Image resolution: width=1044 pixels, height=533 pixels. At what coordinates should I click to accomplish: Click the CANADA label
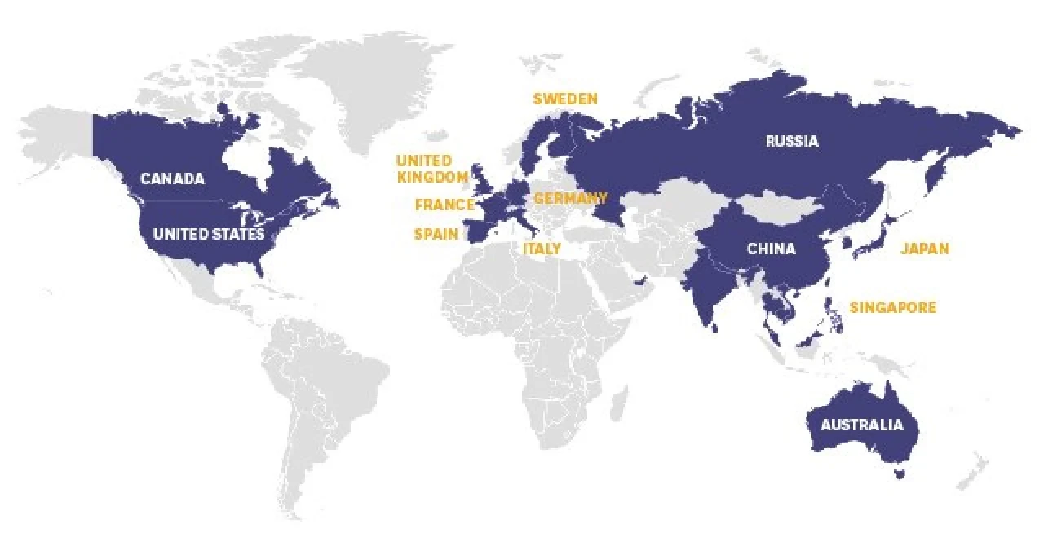[172, 178]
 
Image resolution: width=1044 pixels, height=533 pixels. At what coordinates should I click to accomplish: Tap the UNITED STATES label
[209, 234]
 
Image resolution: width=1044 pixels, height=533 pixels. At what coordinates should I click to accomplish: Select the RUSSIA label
[791, 141]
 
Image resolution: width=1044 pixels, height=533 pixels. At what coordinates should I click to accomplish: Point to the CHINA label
[771, 249]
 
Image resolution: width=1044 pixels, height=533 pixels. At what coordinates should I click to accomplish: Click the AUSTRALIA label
[861, 425]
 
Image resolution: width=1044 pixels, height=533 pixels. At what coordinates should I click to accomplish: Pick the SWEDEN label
[565, 99]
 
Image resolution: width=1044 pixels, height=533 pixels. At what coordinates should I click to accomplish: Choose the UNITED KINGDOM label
[431, 169]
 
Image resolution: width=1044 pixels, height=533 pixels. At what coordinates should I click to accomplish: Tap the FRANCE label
[444, 205]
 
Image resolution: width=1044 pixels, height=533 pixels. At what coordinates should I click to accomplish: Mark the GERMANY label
[570, 198]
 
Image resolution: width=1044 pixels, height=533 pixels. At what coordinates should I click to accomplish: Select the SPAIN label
[436, 234]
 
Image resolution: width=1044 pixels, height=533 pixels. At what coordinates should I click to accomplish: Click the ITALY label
[542, 248]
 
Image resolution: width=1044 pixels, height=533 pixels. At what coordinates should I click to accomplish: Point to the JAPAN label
[925, 249]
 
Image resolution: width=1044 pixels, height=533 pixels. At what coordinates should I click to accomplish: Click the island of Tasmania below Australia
[900, 472]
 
